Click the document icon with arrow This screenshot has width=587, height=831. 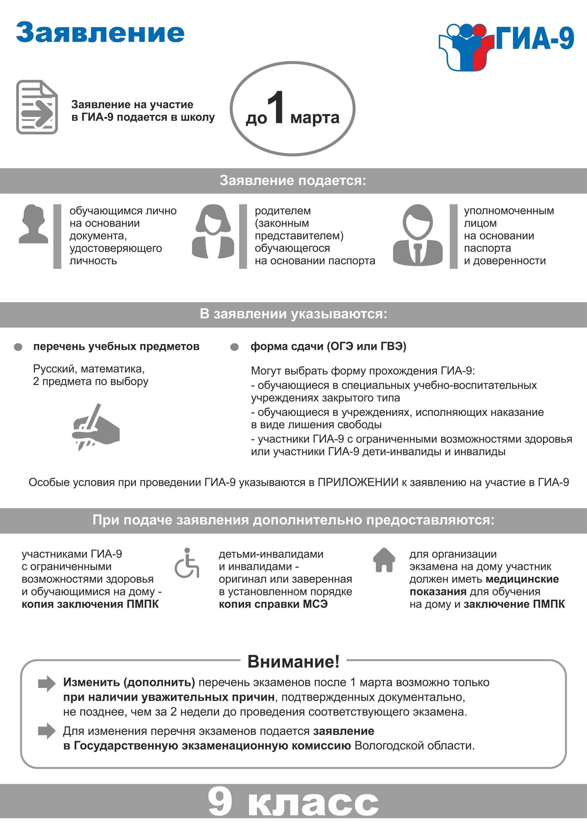(37, 107)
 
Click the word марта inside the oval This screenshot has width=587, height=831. (315, 118)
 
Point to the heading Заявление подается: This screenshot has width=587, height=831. (293, 181)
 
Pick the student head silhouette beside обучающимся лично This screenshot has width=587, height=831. (33, 224)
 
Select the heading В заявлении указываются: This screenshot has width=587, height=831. (293, 314)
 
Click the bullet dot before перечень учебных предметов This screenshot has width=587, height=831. (18, 347)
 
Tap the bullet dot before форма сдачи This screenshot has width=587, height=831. (234, 347)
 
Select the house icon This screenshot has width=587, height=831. (384, 560)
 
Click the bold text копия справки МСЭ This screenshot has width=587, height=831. (273, 604)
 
